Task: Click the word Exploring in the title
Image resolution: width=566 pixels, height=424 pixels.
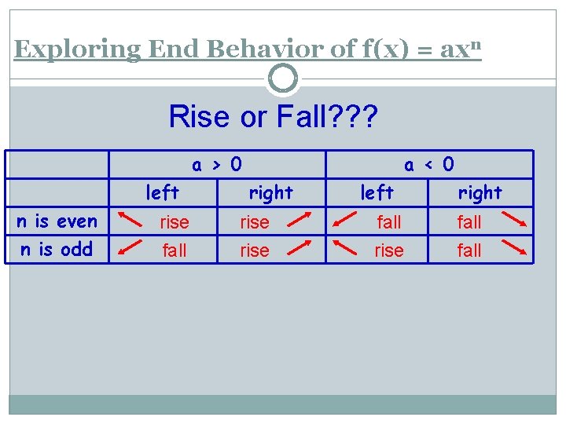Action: pos(77,49)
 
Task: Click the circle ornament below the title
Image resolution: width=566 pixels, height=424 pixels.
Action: pos(283,79)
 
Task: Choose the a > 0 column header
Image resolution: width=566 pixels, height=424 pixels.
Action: pos(217,165)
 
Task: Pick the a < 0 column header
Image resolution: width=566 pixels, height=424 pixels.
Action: pos(428,165)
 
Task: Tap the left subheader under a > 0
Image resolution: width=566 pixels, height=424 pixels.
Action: pos(163,192)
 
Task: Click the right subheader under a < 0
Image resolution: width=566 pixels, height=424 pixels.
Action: pos(480,192)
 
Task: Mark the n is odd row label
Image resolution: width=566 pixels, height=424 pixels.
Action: pos(57,250)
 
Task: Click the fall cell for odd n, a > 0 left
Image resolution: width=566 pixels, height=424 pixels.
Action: pos(174,251)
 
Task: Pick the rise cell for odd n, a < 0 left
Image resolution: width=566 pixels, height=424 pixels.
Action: pos(388,251)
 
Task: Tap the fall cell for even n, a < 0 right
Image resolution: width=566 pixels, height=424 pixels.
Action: pos(469,223)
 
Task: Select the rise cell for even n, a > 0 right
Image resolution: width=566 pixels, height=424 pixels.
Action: pos(254,223)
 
